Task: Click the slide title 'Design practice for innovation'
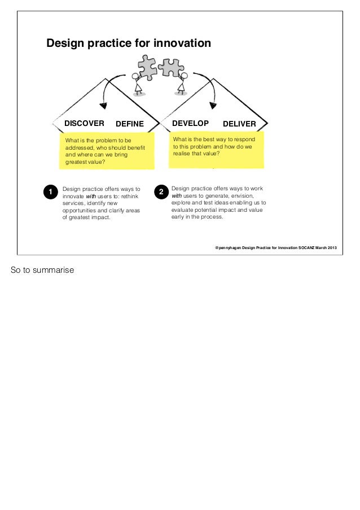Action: point(129,43)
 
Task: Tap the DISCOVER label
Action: point(84,123)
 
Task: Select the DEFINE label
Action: point(130,124)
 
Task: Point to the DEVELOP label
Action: point(190,123)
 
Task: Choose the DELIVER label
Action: point(239,124)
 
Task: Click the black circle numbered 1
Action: point(50,193)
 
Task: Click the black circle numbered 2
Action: point(161,193)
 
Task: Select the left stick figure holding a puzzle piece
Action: point(138,83)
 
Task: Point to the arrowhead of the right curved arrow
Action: point(214,103)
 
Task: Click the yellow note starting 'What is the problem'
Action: point(106,151)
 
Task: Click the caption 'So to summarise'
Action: point(42,270)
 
